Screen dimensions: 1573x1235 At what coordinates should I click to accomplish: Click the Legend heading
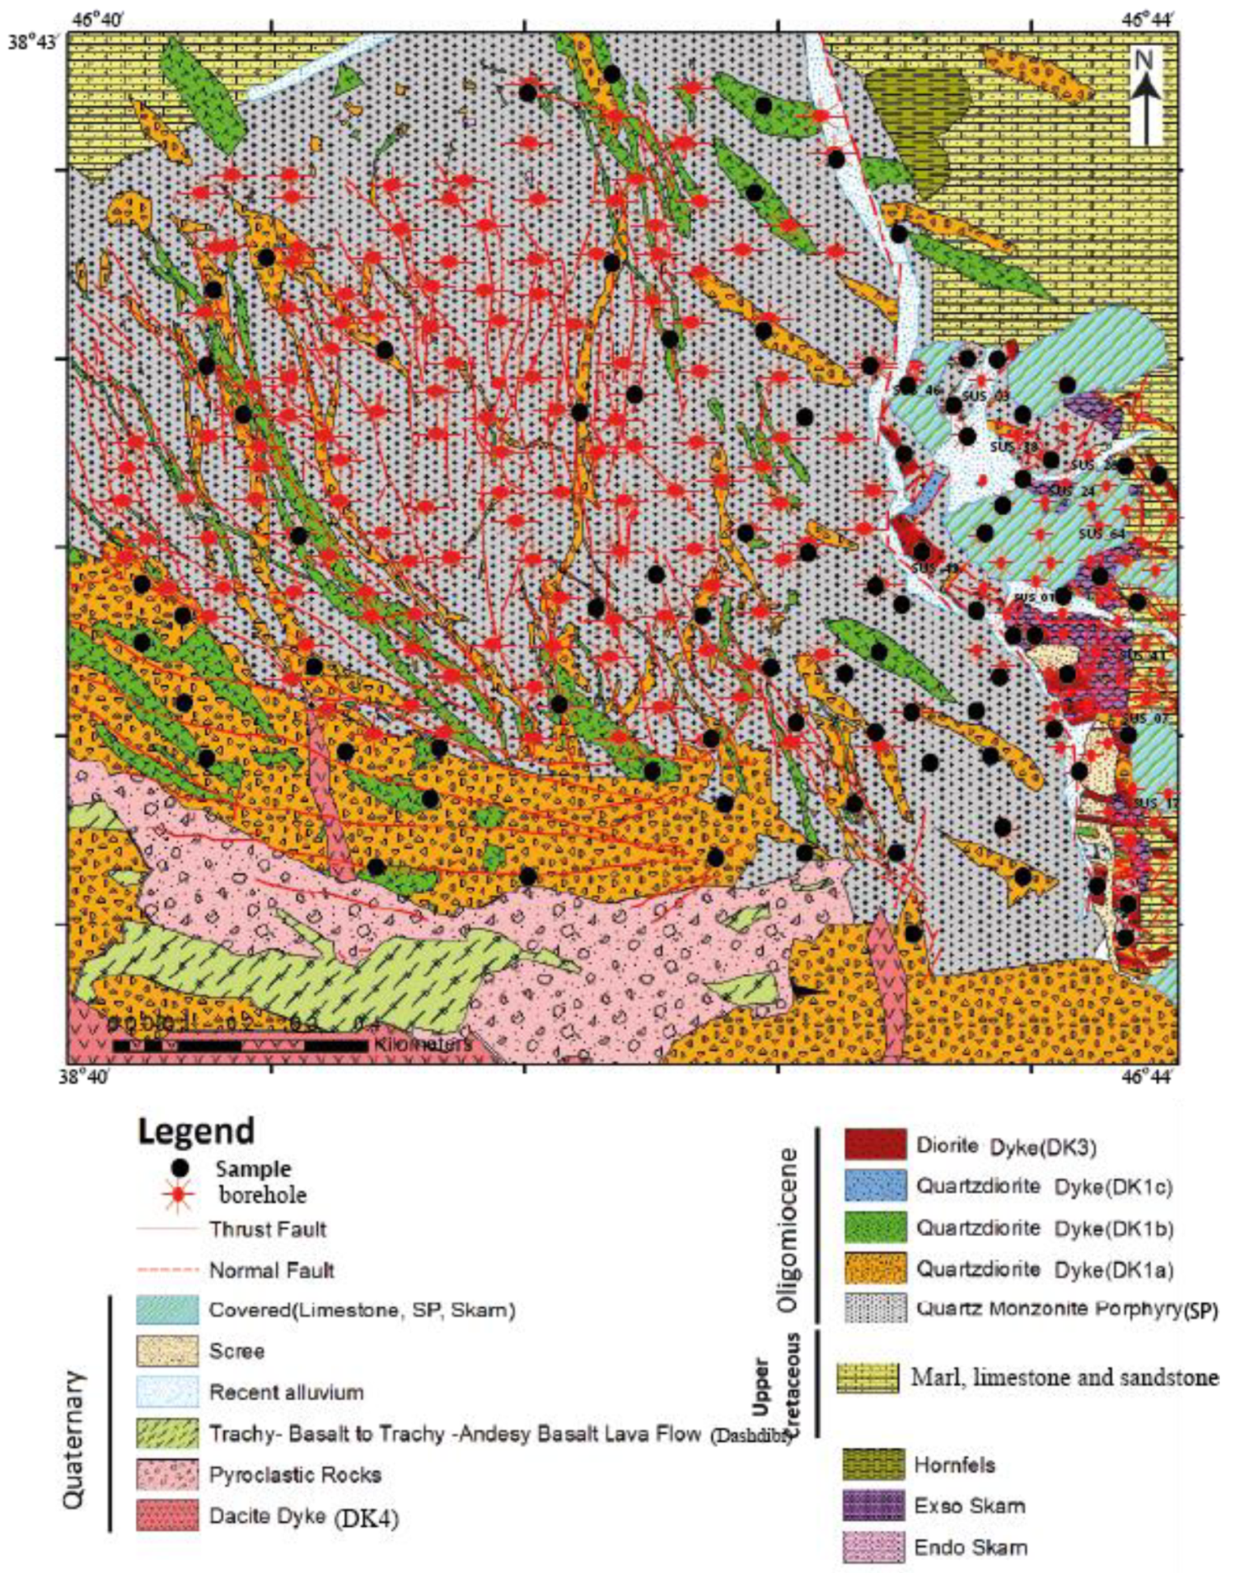196,1131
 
